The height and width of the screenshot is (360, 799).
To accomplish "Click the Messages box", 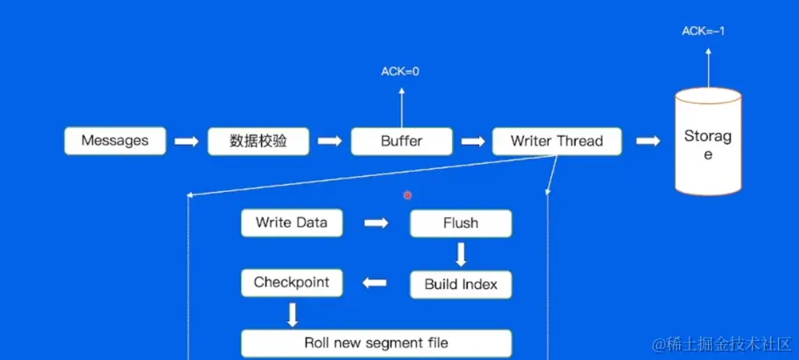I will (115, 141).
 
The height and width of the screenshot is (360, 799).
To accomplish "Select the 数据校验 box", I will (258, 141).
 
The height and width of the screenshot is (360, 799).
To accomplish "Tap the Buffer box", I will (402, 141).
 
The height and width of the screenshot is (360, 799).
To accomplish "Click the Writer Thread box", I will (556, 141).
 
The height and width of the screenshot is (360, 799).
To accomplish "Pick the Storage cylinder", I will (708, 145).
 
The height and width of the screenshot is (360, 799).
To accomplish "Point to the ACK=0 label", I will (399, 71).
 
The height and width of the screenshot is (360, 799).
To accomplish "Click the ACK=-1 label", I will (704, 32).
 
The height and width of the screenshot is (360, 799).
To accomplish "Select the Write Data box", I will (291, 222).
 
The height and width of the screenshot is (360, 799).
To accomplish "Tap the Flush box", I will (461, 223).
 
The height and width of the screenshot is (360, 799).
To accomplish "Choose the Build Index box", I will (461, 284).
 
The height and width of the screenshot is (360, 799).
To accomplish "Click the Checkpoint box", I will (291, 283).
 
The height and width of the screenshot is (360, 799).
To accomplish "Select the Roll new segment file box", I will (376, 342).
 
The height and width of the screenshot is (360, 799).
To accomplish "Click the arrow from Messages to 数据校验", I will (187, 141).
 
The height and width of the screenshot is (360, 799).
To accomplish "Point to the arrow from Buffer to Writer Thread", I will (472, 141).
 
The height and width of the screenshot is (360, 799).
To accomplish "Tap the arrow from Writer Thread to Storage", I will (648, 141).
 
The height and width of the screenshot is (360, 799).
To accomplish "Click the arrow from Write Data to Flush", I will (376, 223).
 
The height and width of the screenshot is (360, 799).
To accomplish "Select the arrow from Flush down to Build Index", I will (461, 254).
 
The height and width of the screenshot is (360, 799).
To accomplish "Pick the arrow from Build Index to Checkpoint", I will (375, 283).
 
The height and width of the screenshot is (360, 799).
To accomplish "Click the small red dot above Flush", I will (407, 195).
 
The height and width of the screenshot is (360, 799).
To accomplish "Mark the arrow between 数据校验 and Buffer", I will (329, 141).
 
